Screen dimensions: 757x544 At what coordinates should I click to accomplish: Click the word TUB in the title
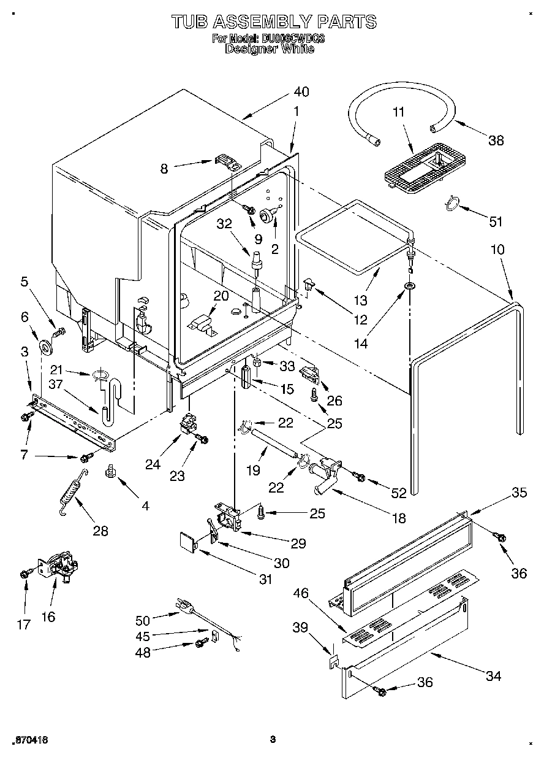tap(190, 22)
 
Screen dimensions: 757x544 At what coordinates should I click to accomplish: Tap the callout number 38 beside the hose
tap(496, 140)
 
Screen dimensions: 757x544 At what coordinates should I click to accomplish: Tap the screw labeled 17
tap(26, 574)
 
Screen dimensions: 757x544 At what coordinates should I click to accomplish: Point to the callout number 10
tap(497, 250)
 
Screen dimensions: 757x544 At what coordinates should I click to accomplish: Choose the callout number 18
tap(398, 518)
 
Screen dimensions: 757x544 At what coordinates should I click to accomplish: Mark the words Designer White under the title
tap(270, 49)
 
